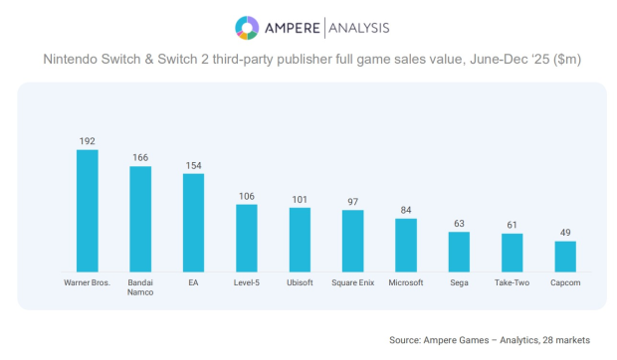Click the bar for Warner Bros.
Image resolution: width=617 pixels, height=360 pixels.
[x=88, y=211]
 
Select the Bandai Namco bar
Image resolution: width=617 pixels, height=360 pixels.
[x=140, y=219]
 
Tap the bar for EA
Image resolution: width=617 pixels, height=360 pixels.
[x=193, y=223]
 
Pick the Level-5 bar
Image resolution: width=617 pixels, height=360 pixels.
[x=247, y=238]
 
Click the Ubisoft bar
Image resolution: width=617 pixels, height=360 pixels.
[x=300, y=240]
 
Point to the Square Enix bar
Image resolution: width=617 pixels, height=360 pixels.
[x=352, y=241]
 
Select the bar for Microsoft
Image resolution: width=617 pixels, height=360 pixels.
[x=406, y=245]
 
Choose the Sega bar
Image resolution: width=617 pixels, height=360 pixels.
[x=459, y=252]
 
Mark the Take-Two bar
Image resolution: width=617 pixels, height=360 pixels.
[x=512, y=253]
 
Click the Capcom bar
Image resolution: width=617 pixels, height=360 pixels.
[x=565, y=256]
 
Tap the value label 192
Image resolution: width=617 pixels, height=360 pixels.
[x=88, y=141]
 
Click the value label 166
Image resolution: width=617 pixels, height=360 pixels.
[x=140, y=157]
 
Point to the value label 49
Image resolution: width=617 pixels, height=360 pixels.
[x=565, y=233]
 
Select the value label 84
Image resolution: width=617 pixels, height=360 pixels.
[x=406, y=210]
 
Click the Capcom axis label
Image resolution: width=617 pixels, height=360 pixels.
[x=565, y=282]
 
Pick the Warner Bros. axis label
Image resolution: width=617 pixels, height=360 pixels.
[x=88, y=282]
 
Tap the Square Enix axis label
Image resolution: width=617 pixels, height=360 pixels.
[x=352, y=282]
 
